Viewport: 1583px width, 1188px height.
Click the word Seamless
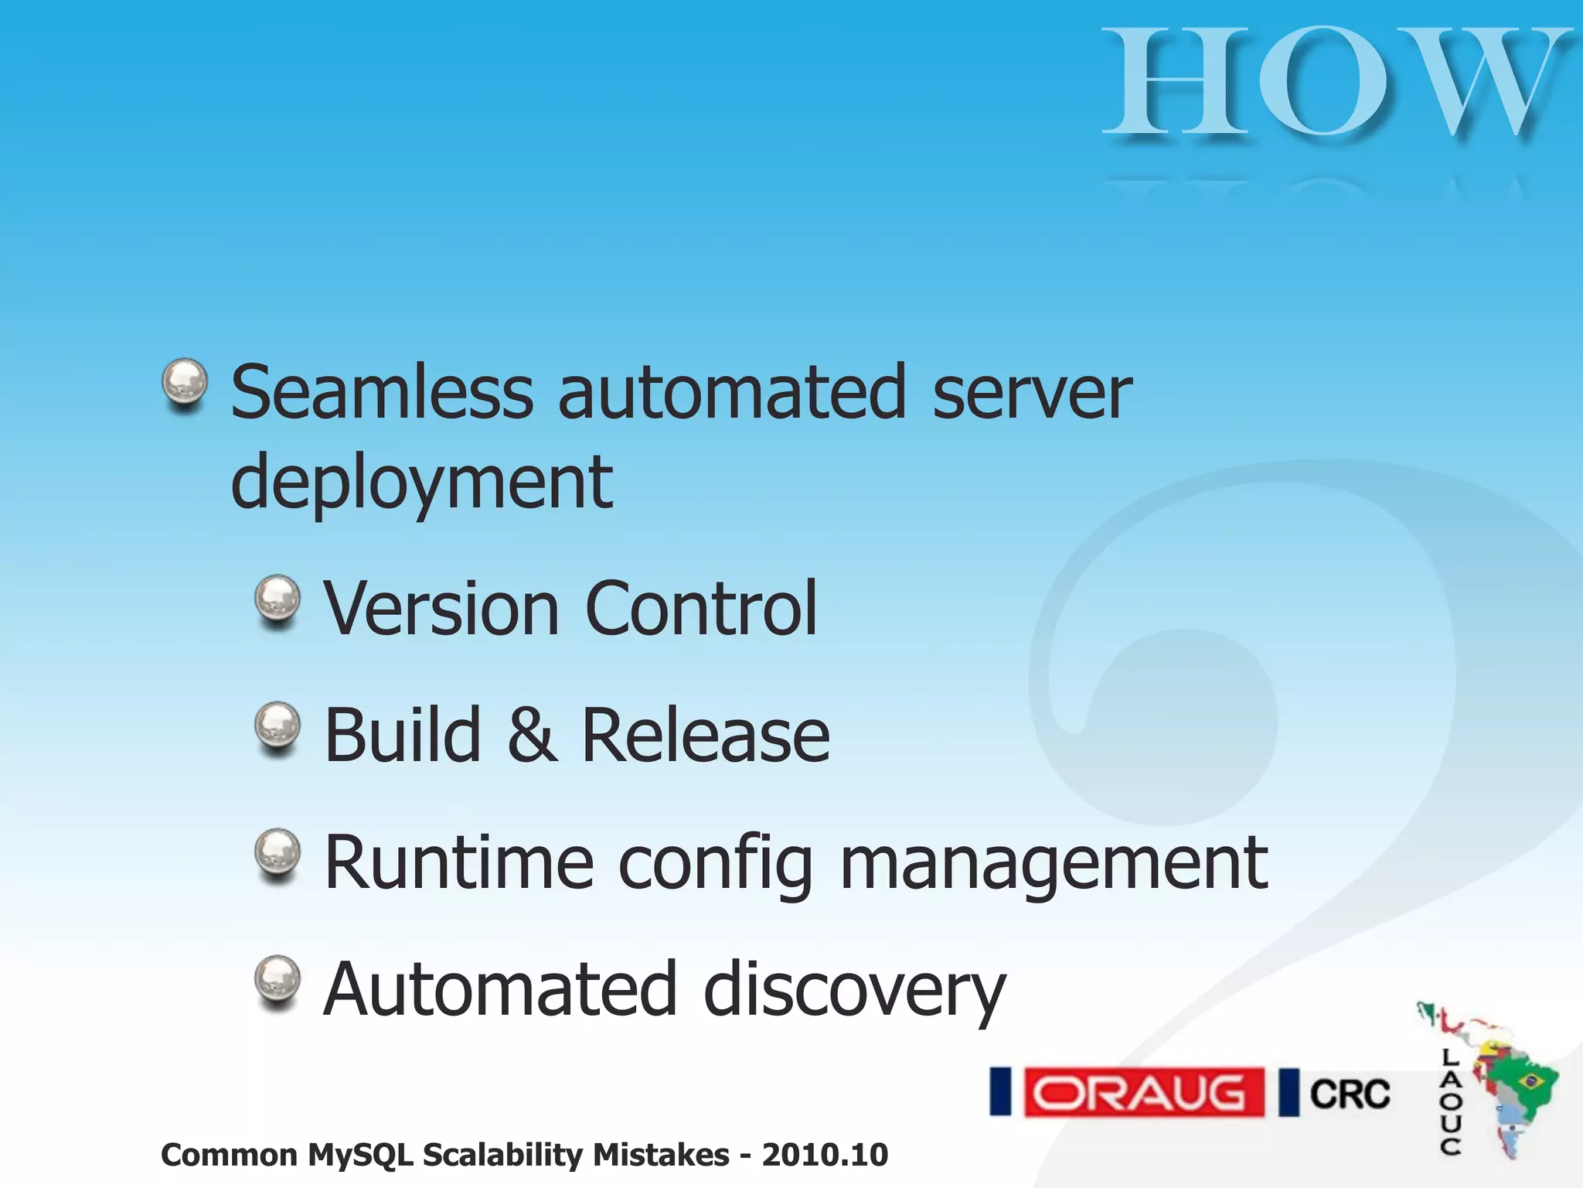[x=382, y=392]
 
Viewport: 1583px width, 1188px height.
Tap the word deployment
[x=422, y=482]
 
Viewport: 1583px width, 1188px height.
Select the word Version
[x=441, y=609]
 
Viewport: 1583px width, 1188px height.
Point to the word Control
[x=701, y=609]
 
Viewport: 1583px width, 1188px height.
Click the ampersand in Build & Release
[x=532, y=736]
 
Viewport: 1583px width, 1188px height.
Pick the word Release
[x=705, y=736]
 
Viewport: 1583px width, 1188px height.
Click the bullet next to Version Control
[x=277, y=599]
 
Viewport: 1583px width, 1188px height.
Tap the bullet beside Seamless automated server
[x=185, y=383]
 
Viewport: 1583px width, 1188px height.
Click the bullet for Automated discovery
[x=277, y=980]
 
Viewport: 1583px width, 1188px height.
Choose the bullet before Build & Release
[x=277, y=726]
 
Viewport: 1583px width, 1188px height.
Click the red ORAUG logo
[x=1143, y=1092]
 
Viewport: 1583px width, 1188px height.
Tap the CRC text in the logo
[x=1350, y=1094]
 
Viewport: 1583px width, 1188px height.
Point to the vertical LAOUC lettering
[x=1450, y=1101]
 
